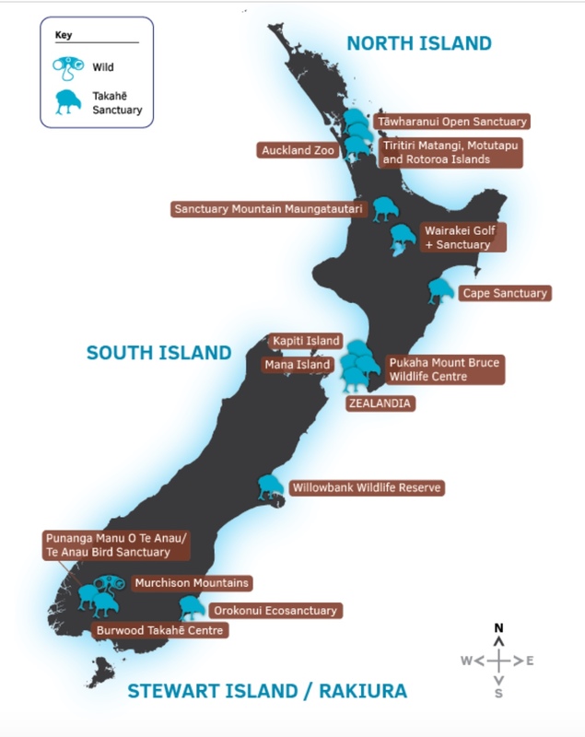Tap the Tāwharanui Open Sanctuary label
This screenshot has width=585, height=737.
(451, 122)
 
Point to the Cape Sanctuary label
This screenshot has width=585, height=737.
(504, 293)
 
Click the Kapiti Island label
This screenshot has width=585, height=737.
(306, 342)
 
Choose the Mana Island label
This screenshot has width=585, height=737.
(298, 365)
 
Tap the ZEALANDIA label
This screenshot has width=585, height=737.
(380, 404)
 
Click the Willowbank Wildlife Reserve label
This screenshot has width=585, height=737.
(367, 487)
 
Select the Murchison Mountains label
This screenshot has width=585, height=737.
(191, 583)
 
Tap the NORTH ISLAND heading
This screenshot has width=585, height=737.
(419, 43)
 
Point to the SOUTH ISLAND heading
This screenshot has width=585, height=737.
(158, 352)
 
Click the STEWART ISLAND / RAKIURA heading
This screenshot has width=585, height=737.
(266, 691)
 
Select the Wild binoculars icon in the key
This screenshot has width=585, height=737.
(69, 66)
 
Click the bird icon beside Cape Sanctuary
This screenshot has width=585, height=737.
(440, 292)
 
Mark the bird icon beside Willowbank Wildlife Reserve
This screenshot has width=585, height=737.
(270, 486)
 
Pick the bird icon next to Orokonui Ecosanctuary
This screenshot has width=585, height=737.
(191, 607)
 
